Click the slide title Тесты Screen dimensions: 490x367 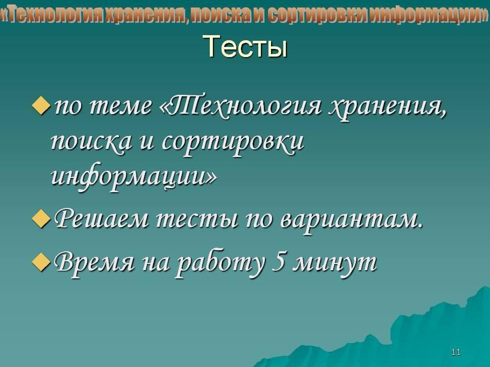point(246,46)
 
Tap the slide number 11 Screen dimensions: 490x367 point(456,352)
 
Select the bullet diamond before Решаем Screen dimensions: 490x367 point(41,219)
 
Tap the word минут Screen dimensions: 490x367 point(336,264)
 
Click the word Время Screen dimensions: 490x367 point(94,263)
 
